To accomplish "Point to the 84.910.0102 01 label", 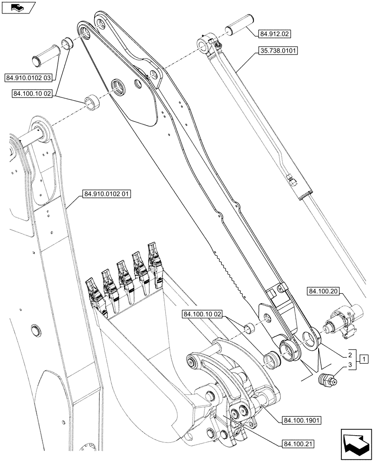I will pyautogui.click(x=107, y=195).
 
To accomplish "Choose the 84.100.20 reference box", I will pyautogui.click(x=322, y=291).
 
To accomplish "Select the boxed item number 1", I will pyautogui.click(x=364, y=359).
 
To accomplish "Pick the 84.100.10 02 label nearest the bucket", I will pyautogui.click(x=203, y=315).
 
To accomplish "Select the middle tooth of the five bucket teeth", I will pyautogui.click(x=123, y=276).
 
